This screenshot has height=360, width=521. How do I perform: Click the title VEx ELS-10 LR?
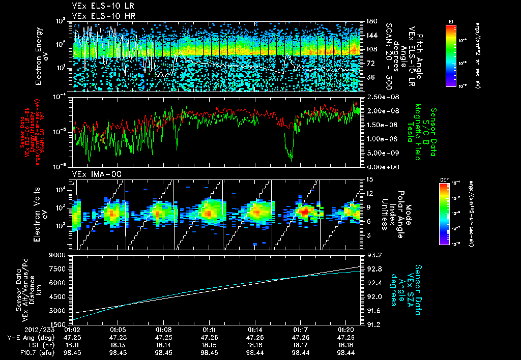coord(100,7)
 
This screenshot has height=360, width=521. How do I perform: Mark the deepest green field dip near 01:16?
coord(291,160)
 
